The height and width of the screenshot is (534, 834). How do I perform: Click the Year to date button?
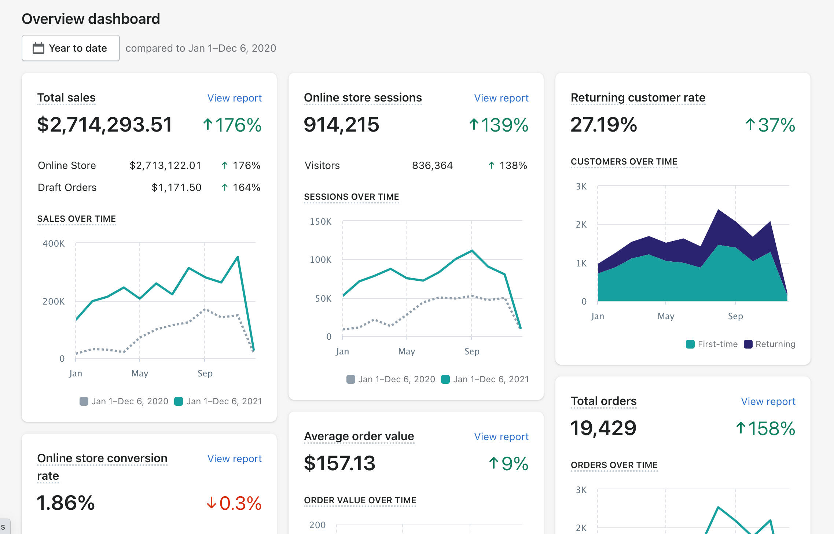coord(71,48)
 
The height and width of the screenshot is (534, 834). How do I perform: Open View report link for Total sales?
coord(234,98)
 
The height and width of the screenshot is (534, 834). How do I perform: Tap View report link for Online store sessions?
coord(501,98)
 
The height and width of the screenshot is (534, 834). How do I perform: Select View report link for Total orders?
coord(768,401)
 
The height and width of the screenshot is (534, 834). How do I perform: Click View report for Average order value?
coord(501,437)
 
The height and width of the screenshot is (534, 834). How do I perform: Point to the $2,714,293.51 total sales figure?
coord(104,125)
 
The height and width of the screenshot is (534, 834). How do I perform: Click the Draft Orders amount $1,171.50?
coord(176,188)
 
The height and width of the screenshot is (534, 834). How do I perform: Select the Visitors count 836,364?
coord(432,166)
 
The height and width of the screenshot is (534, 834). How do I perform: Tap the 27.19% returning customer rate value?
coord(604,125)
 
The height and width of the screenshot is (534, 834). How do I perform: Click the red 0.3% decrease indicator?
coord(234,503)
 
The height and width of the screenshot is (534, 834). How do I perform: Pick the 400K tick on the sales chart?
coord(54,244)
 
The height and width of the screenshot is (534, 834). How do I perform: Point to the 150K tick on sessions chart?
coord(320,222)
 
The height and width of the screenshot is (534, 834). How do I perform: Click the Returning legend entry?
coord(770,344)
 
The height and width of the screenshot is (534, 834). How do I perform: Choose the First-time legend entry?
coord(712,344)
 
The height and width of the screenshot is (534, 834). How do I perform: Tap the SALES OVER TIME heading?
coord(77,219)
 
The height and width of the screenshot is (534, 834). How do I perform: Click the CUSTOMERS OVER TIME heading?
coord(624,162)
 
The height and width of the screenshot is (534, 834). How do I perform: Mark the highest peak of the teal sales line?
coord(238,257)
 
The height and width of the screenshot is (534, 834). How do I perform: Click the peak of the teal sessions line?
coord(472,251)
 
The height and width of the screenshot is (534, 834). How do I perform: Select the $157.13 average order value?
coord(339,463)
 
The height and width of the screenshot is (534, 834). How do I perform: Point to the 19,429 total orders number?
coord(603,428)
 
